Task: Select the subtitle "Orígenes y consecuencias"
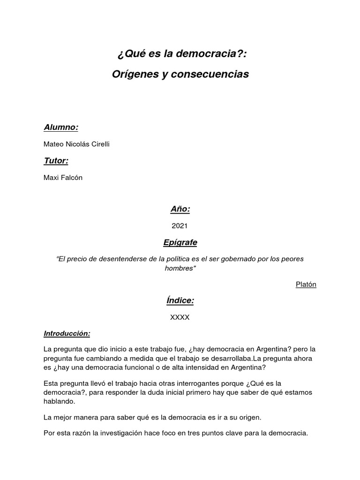pos(181,74)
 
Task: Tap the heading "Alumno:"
pos(61,127)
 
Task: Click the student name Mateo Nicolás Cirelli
pos(76,144)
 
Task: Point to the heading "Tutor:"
pos(56,161)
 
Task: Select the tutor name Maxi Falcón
pos(63,178)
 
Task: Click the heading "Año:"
pos(180,209)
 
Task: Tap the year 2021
pos(180,225)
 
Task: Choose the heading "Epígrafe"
pos(180,242)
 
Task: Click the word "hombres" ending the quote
pos(180,268)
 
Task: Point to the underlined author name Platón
pos(306,285)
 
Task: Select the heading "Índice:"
pos(180,300)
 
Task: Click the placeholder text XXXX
pos(180,317)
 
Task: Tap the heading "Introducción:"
pos(67,334)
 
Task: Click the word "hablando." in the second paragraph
pos(59,402)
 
